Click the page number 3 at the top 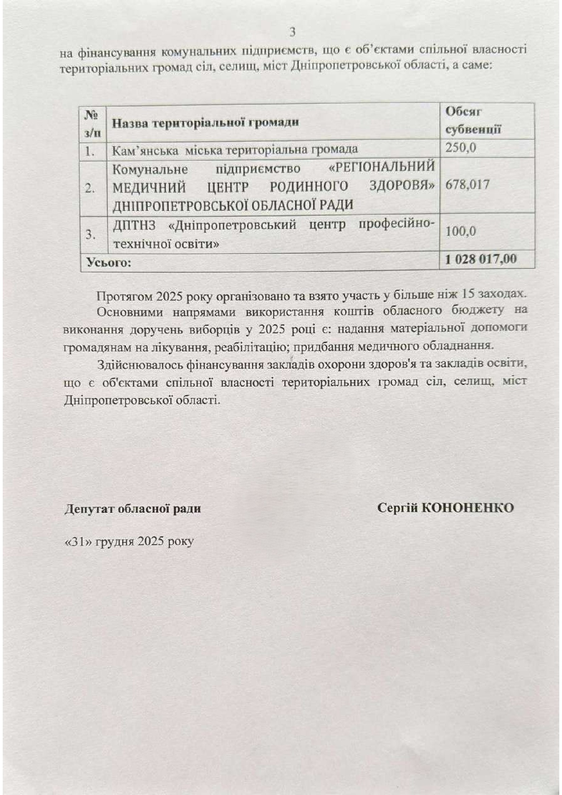pyautogui.click(x=292, y=33)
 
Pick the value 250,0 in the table pyautogui.click(x=461, y=148)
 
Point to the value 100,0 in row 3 pyautogui.click(x=461, y=231)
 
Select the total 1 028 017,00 pyautogui.click(x=481, y=259)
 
